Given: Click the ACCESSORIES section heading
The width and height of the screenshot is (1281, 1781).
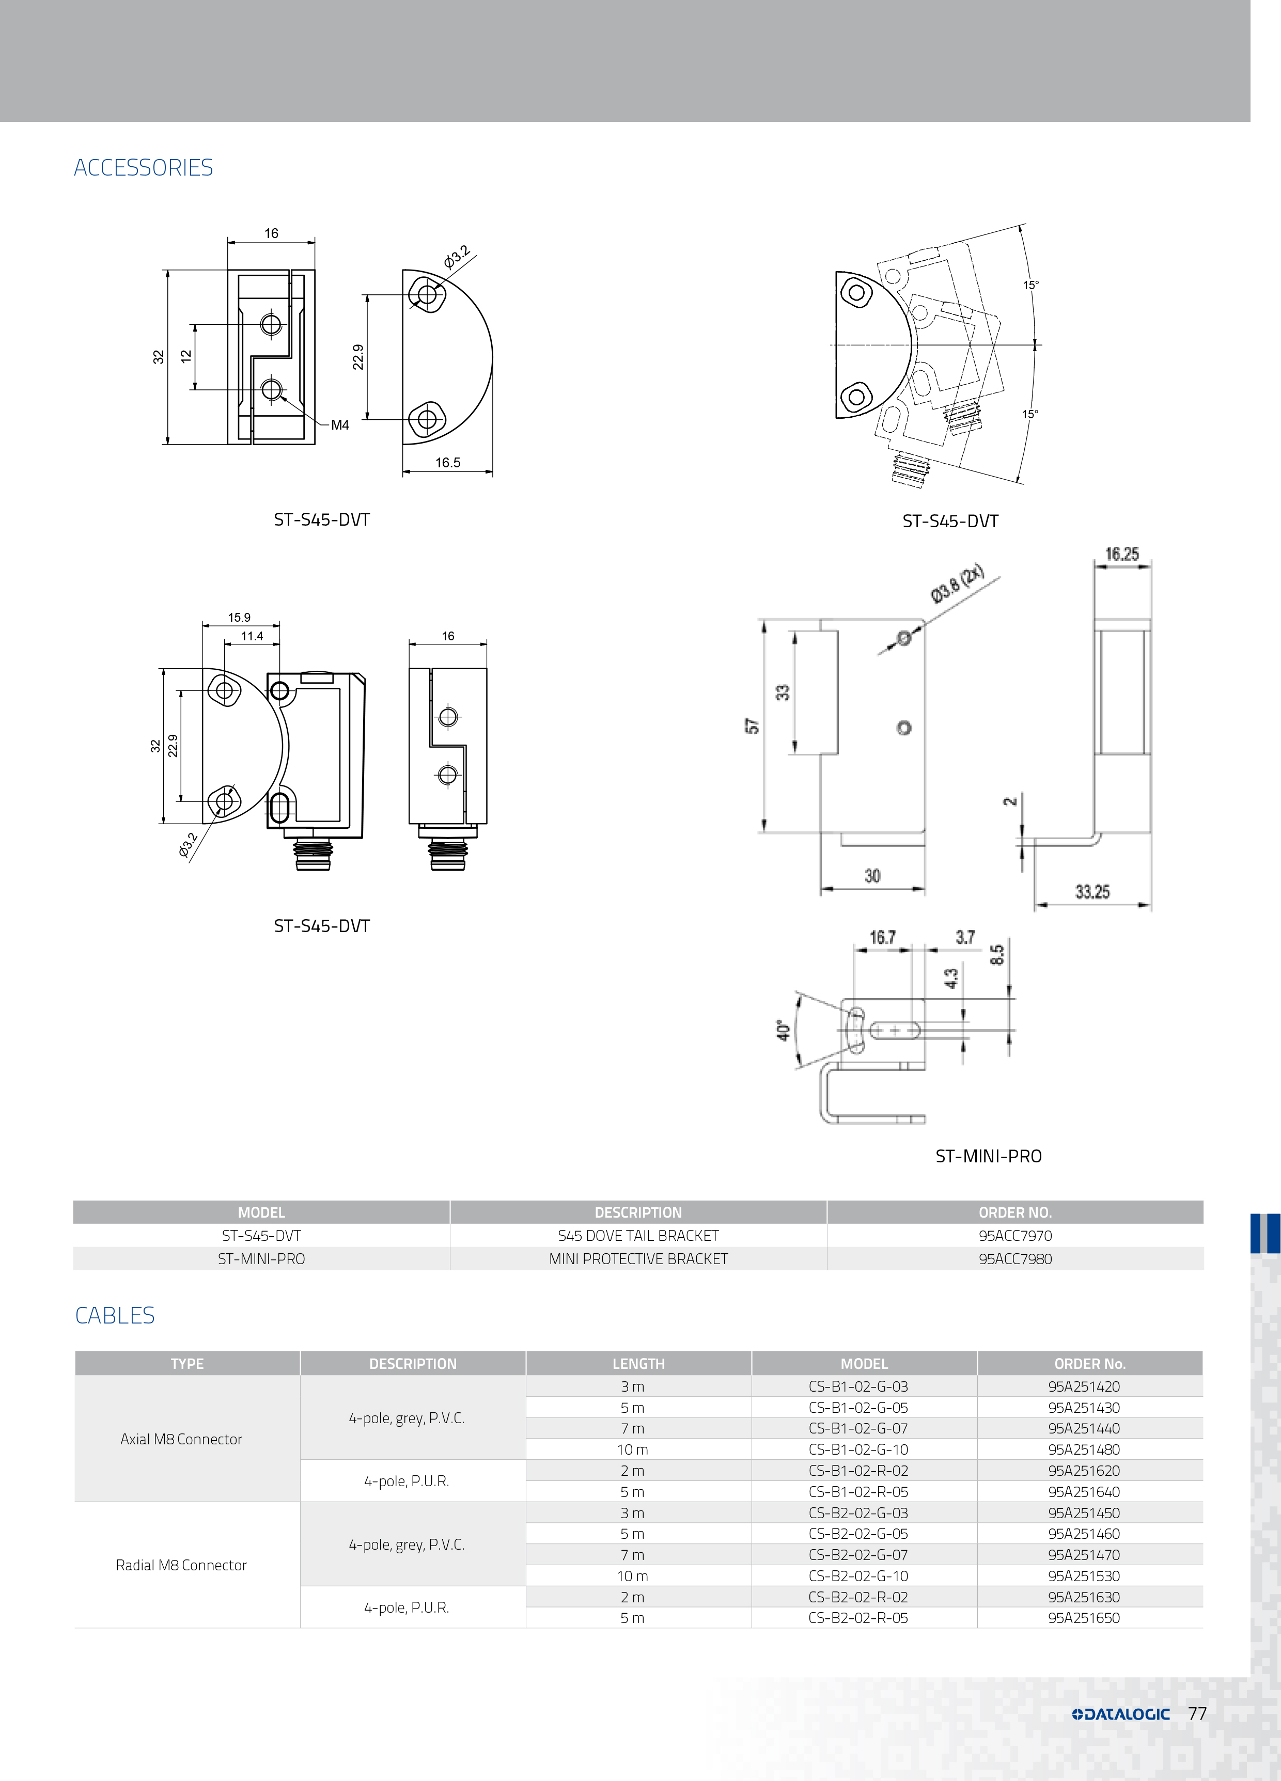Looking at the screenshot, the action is pos(143,167).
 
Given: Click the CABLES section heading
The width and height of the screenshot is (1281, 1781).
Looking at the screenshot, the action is pos(115,1315).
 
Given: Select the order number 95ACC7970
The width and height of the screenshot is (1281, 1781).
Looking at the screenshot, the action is pos(1015,1235).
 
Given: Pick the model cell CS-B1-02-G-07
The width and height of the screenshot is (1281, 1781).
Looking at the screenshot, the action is pos(857,1428).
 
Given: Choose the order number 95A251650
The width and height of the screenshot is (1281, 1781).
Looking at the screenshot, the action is pos(1084,1618).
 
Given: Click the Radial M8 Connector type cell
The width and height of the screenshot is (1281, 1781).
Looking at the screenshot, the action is pos(181,1565).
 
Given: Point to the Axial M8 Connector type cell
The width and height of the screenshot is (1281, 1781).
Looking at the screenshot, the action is pos(181,1439).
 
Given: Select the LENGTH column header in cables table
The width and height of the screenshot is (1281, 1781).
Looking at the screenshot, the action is pos(638,1364).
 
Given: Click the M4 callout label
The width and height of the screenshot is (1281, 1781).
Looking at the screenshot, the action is pos(339,425).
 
